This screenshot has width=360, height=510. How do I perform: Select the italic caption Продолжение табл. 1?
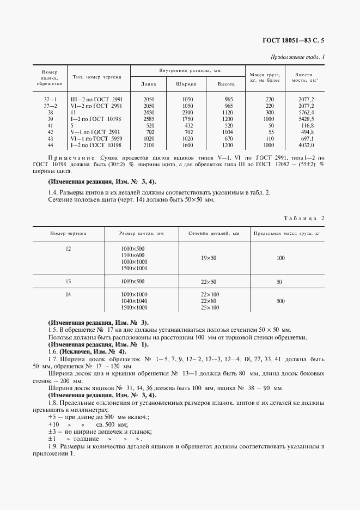[x=297, y=57]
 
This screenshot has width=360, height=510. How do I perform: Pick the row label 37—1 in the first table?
[x=50, y=99]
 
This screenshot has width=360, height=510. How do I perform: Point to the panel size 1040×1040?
[x=134, y=301]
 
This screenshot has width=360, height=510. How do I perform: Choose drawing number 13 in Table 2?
[x=68, y=281]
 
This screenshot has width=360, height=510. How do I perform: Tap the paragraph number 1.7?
[x=53, y=360]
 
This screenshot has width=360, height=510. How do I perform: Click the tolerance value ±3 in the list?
[x=53, y=431]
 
